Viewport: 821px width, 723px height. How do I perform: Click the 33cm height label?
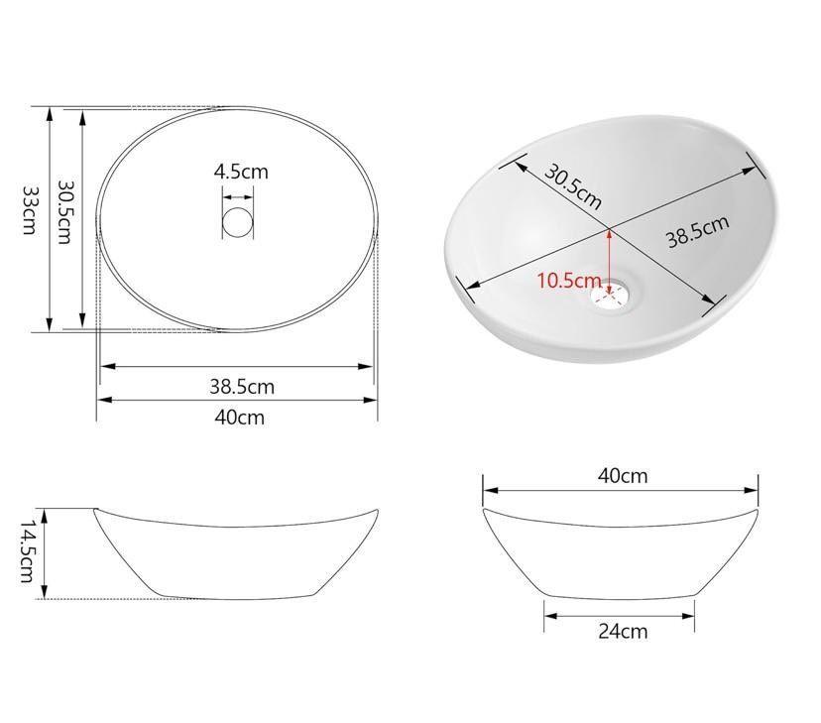pos(30,210)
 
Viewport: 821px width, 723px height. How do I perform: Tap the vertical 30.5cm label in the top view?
pos(63,212)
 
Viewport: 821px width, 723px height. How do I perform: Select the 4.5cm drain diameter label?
pos(241,172)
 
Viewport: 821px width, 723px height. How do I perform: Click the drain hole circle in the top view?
pos(238,222)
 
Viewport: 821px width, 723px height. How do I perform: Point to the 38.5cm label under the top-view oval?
pos(242,387)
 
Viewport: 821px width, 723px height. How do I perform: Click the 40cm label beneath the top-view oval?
pos(240,418)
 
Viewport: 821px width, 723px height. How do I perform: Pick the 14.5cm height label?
pos(26,551)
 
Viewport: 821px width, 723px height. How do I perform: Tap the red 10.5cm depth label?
pos(569,281)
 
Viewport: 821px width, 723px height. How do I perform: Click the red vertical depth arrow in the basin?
pos(609,262)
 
